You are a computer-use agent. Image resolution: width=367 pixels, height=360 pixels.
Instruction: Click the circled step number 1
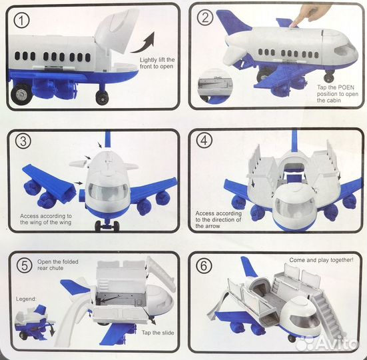coord(21,21)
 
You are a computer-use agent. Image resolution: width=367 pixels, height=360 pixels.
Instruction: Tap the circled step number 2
coord(204,17)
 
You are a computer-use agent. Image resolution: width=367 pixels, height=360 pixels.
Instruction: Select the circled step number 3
coord(23,141)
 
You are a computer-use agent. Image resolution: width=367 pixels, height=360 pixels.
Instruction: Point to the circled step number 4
coord(204,141)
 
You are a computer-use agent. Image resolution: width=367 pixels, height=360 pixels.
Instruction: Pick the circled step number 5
coord(25,265)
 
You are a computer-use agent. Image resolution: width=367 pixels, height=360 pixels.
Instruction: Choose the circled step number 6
coord(204,265)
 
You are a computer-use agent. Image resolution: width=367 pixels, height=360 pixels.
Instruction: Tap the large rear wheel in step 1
coord(21,94)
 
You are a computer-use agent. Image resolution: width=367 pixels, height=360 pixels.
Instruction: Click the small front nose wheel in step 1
coord(102,97)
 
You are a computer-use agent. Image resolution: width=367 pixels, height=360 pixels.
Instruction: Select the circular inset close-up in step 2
coord(214,85)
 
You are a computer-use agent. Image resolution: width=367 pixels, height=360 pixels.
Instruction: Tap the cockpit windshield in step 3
coord(108,191)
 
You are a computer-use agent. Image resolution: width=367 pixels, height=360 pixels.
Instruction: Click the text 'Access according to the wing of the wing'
coord(46,219)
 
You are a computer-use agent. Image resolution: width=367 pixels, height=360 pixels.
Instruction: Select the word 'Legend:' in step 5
coord(26,299)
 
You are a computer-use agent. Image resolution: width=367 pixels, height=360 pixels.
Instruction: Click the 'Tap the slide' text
coord(158,333)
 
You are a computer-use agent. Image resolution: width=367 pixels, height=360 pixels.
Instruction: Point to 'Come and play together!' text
coord(321,260)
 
